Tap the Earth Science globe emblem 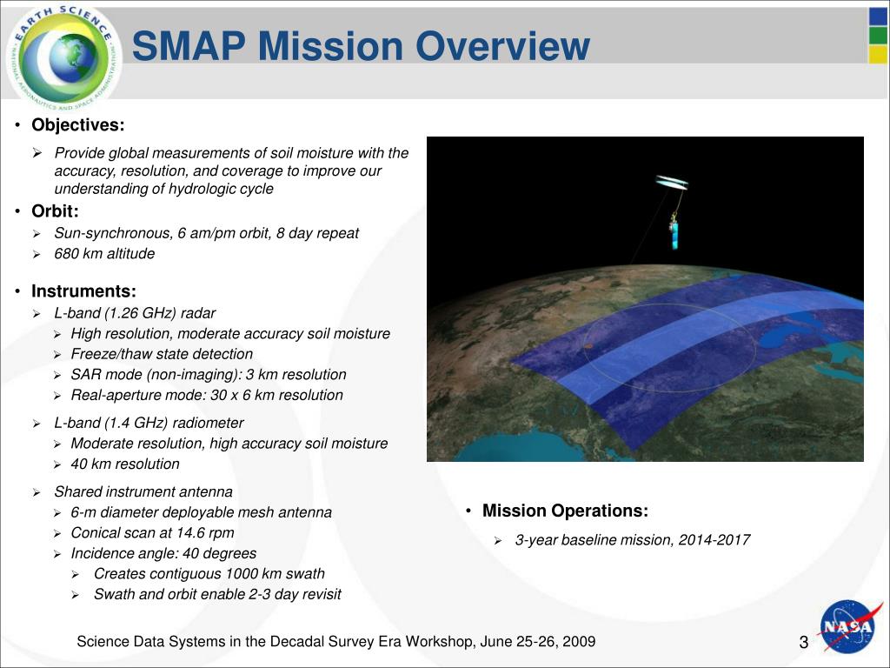click(x=63, y=57)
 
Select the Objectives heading click(x=77, y=124)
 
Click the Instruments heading click(x=84, y=291)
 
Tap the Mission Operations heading click(x=565, y=511)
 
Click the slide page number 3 click(x=804, y=643)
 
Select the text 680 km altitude click(x=104, y=253)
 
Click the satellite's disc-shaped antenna click(x=672, y=182)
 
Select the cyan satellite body click(x=674, y=235)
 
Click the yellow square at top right click(x=878, y=55)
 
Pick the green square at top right click(x=878, y=35)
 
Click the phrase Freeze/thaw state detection click(x=162, y=354)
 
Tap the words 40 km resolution click(x=125, y=464)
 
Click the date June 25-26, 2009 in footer click(x=537, y=642)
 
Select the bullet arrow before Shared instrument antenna click(x=37, y=492)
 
